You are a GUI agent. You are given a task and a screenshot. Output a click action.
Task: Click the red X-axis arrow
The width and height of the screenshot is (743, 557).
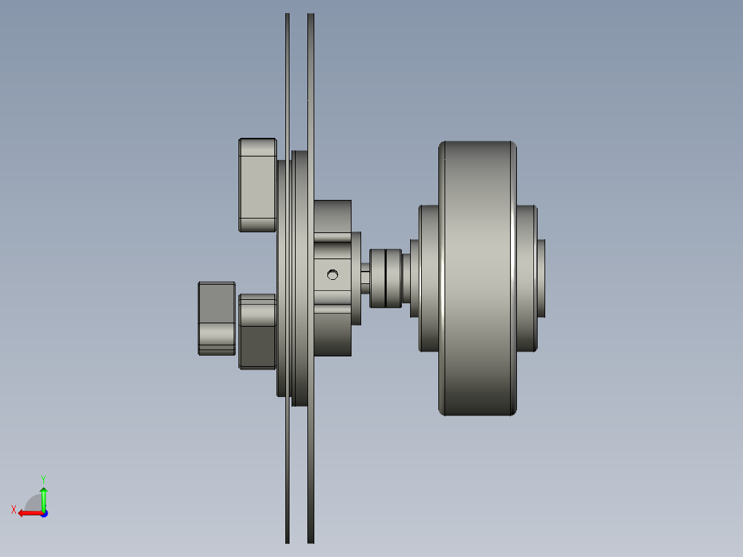pyautogui.click(x=28, y=513)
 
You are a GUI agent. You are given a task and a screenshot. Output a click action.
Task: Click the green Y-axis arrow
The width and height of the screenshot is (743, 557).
pyautogui.click(x=43, y=498)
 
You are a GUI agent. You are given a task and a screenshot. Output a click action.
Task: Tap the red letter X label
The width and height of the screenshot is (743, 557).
pyautogui.click(x=14, y=509)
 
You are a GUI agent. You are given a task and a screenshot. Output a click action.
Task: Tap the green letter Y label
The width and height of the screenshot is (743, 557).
pyautogui.click(x=43, y=478)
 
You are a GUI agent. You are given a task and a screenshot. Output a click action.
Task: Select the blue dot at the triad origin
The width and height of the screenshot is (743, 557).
pyautogui.click(x=43, y=513)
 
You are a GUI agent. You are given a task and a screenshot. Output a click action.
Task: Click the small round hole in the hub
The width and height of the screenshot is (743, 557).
pyautogui.click(x=333, y=275)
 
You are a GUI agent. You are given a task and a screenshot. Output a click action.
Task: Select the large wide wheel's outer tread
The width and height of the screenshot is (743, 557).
pyautogui.click(x=477, y=278)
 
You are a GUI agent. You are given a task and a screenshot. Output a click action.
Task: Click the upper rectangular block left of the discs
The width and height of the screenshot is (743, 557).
pyautogui.click(x=258, y=185)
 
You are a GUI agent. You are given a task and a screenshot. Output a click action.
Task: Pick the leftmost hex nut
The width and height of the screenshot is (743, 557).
pyautogui.click(x=216, y=318)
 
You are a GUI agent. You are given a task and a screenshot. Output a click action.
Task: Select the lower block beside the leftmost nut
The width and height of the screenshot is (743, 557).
pyautogui.click(x=258, y=331)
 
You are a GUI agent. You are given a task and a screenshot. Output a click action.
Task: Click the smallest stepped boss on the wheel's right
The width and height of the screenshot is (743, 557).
pyautogui.click(x=541, y=278)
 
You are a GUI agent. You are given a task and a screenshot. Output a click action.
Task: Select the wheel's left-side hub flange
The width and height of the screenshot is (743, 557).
pyautogui.click(x=429, y=278)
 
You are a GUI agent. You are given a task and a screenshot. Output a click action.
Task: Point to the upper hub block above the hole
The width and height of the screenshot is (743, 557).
pyautogui.click(x=333, y=218)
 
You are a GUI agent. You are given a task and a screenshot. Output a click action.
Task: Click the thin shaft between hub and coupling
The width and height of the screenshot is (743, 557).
pyautogui.click(x=365, y=278)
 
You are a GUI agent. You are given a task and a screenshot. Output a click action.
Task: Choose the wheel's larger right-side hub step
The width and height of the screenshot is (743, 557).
pyautogui.click(x=527, y=278)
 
